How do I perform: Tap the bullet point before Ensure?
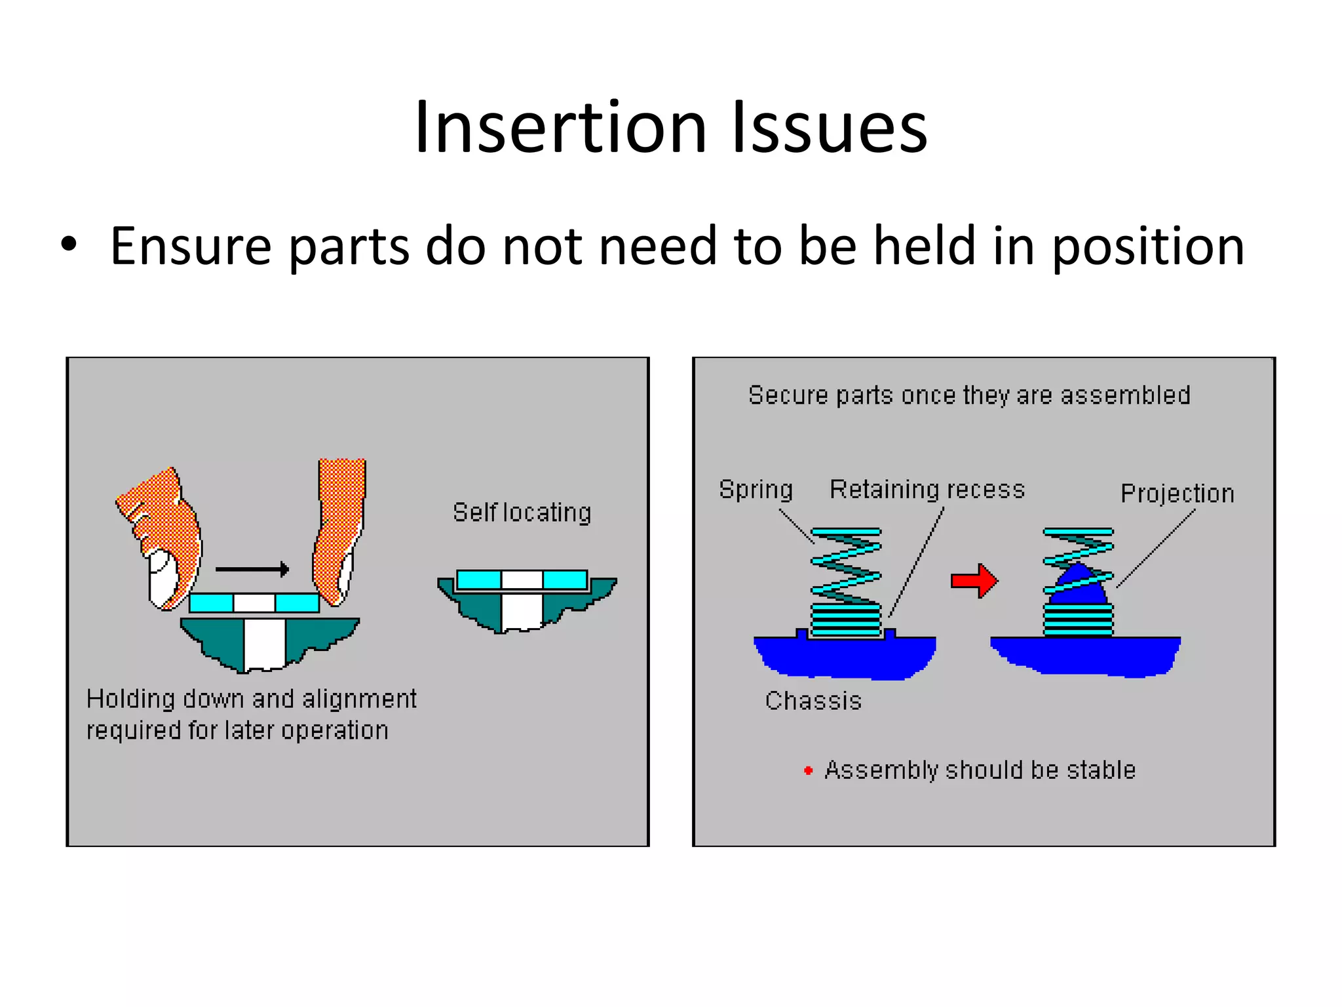coord(69,245)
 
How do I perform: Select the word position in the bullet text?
coord(1147,247)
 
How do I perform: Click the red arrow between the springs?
coord(974,580)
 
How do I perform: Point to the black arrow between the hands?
coord(252,569)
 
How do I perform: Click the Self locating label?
coord(522,513)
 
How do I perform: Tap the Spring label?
coord(756,490)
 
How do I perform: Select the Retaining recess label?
coord(927,490)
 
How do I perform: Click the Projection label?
coord(1177,494)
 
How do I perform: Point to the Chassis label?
coord(813,701)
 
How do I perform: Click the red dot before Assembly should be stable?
coord(808,771)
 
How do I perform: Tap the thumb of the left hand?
coord(161,577)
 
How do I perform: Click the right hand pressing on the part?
coord(339,531)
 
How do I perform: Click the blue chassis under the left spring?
coord(845,657)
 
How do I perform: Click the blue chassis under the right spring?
coord(1085,656)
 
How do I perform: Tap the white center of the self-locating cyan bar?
coord(522,580)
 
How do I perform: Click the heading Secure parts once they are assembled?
coord(969,395)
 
